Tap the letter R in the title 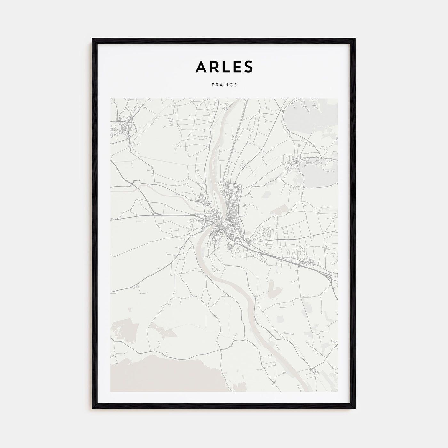pyautogui.click(x=215, y=67)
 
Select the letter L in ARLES pyautogui.click(x=227, y=67)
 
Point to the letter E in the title pyautogui.click(x=237, y=67)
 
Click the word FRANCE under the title pyautogui.click(x=224, y=85)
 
